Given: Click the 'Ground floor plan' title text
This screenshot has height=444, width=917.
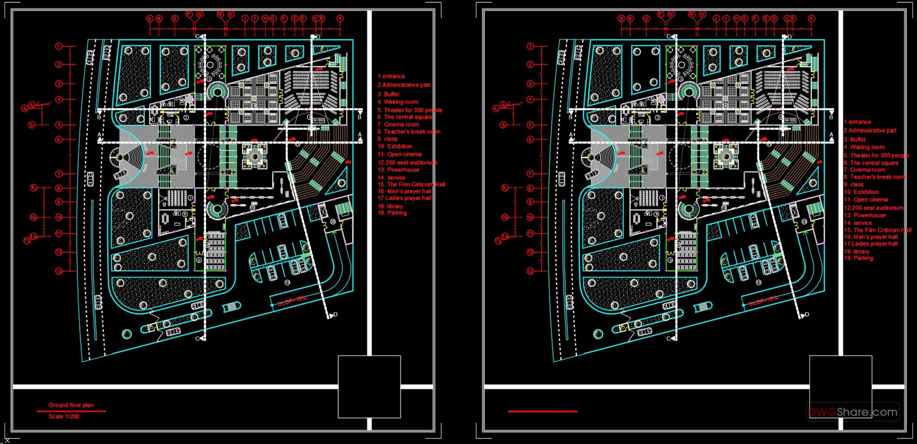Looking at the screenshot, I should click(71, 405).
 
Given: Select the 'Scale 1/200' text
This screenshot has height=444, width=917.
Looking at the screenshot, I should click(64, 416).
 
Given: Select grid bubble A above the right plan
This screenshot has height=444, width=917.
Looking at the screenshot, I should click(811, 18).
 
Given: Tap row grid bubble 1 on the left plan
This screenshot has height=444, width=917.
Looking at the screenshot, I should click(59, 46).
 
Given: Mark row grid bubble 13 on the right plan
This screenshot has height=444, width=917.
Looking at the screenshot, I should click(530, 271).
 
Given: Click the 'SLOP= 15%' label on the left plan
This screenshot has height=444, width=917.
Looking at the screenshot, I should click(291, 301).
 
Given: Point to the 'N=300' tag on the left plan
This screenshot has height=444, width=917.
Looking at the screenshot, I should click(318, 120).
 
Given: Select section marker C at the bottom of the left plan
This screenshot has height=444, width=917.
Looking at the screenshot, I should click(197, 339).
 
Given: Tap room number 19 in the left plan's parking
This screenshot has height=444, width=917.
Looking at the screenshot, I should click(287, 282).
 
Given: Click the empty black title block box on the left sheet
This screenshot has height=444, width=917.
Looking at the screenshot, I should click(369, 386).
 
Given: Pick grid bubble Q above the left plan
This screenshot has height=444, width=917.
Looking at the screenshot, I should click(175, 18).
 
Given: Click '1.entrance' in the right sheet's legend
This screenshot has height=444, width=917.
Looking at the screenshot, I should click(857, 122).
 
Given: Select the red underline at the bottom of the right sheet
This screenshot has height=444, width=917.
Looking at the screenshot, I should click(542, 411).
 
